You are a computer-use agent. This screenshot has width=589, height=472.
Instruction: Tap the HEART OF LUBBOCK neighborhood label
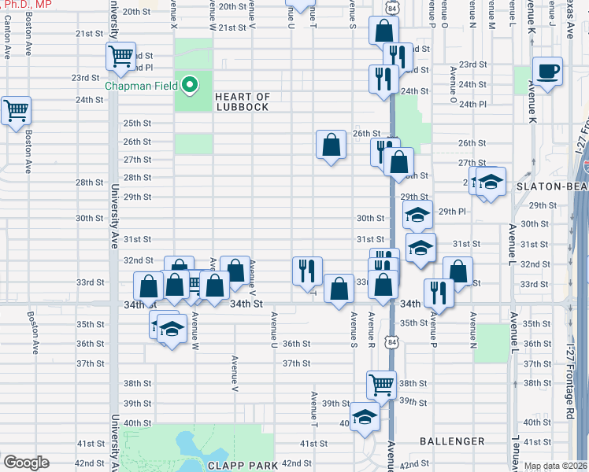click(x=243, y=102)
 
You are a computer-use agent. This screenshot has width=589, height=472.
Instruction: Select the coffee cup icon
click(x=546, y=70)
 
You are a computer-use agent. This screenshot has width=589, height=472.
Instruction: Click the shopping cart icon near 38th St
click(x=381, y=384)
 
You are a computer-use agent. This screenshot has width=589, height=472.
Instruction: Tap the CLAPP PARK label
click(x=243, y=466)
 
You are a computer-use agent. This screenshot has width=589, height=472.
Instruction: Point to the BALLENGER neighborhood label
click(x=452, y=441)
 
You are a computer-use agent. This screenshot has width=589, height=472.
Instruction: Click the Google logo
click(x=25, y=463)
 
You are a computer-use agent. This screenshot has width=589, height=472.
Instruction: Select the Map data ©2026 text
click(x=555, y=466)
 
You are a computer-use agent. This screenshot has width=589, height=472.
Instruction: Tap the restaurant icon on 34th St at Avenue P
click(x=438, y=293)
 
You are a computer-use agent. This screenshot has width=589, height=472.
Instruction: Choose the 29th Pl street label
click(x=454, y=212)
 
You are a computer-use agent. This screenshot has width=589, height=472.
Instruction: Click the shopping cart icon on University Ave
click(x=120, y=56)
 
